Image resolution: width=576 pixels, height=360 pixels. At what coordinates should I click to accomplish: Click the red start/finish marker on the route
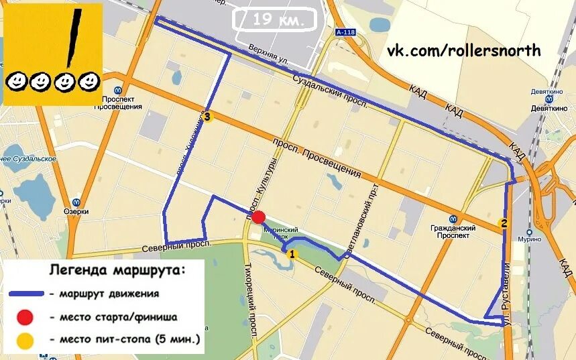tap(259, 217)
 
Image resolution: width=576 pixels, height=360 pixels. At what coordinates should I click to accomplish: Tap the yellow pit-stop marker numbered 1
tap(291, 254)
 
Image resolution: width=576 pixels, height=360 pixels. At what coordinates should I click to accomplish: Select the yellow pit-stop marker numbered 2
tap(503, 223)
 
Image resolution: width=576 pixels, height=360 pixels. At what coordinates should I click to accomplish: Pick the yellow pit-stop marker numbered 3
tap(207, 117)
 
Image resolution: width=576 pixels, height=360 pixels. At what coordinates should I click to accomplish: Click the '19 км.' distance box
tap(276, 19)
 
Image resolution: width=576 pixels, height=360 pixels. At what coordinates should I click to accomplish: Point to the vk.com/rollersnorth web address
tap(463, 51)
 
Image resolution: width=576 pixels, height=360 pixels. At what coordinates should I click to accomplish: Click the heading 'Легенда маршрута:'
tap(117, 270)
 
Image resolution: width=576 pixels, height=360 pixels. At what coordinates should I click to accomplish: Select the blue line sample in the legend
tap(27, 294)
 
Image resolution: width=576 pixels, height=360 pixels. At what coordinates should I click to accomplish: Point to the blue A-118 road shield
tap(346, 32)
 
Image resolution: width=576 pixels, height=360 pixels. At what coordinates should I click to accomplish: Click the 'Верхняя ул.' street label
tap(268, 54)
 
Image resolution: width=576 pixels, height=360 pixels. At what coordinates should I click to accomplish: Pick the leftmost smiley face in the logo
tap(16, 82)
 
